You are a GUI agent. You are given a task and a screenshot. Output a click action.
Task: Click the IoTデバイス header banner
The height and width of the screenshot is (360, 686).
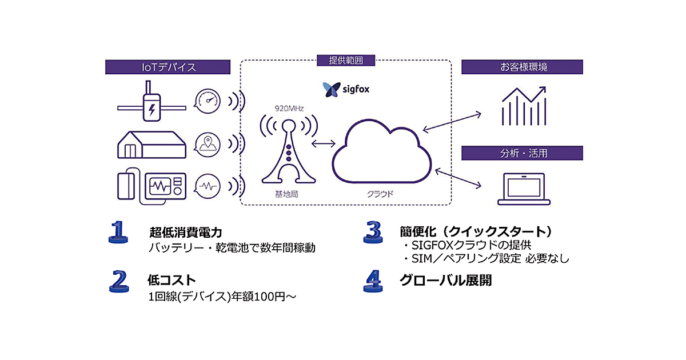(169, 67)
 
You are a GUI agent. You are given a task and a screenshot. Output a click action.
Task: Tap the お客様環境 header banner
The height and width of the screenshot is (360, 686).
(523, 67)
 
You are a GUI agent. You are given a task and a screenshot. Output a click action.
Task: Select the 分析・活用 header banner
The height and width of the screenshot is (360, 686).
(523, 153)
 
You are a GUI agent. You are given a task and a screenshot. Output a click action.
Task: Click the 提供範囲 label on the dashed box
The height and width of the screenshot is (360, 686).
(346, 60)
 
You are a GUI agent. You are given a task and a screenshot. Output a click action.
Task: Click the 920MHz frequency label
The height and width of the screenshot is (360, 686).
(288, 107)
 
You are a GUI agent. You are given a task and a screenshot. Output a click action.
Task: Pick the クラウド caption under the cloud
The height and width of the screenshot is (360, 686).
(380, 194)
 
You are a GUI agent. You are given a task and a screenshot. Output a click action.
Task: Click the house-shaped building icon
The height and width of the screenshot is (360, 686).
(151, 144)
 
